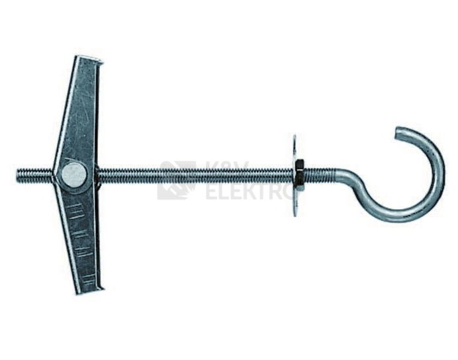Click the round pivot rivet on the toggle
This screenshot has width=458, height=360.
pyautogui.click(x=74, y=175)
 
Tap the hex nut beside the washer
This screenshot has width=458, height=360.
pyautogui.click(x=299, y=175)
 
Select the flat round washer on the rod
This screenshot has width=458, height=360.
pyautogui.click(x=294, y=175)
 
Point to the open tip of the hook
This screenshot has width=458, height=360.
pyautogui.click(x=397, y=133)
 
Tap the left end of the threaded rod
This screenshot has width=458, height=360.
pyautogui.click(x=17, y=175)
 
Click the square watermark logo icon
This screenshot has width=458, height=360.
pyautogui.click(x=177, y=180)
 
